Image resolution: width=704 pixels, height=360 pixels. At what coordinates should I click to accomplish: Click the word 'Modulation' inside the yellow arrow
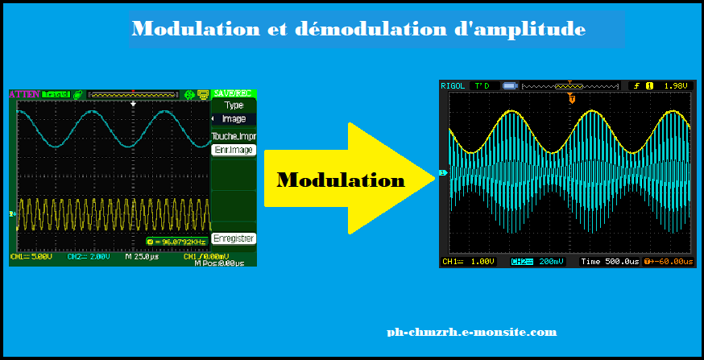[x=341, y=180]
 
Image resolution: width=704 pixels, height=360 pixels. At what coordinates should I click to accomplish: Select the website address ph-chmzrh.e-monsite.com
[x=471, y=332]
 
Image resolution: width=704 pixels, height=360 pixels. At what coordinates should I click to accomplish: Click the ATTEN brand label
[x=23, y=94]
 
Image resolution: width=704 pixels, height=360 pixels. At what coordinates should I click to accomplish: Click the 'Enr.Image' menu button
[x=233, y=150]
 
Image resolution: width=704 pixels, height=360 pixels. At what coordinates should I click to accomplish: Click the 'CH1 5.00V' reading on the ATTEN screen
[x=32, y=257]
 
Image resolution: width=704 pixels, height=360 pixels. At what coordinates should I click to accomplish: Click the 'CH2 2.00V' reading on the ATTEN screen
[x=87, y=257]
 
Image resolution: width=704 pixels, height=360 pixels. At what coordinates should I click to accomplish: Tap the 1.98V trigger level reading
[x=675, y=85]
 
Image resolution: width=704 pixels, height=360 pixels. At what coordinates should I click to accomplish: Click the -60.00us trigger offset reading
[x=672, y=262]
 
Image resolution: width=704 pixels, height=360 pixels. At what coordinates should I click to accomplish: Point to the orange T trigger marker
[x=571, y=99]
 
